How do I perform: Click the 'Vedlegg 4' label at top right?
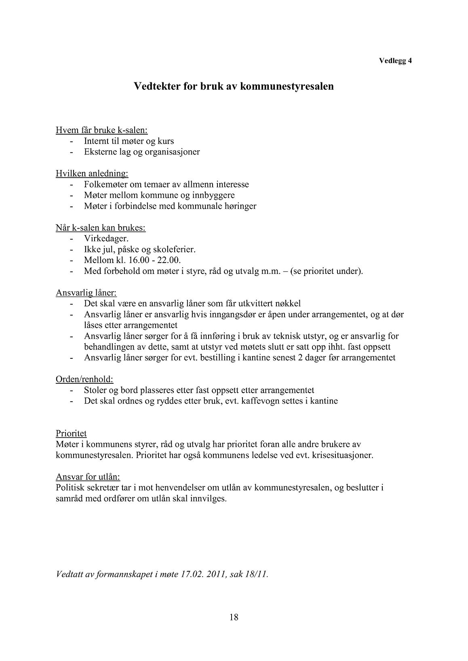[395, 61]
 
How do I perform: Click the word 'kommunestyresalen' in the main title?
[287, 86]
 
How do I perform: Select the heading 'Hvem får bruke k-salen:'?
[101, 131]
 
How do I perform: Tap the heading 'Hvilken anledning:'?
[92, 174]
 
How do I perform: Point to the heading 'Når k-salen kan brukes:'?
[101, 228]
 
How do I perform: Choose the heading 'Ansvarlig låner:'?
[86, 293]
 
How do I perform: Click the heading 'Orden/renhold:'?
[84, 379]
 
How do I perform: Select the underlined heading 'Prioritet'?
[71, 434]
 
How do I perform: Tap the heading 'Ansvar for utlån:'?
[88, 477]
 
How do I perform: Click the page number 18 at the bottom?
[234, 617]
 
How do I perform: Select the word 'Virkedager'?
[106, 239]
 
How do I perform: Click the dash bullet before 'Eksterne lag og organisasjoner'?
[72, 152]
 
